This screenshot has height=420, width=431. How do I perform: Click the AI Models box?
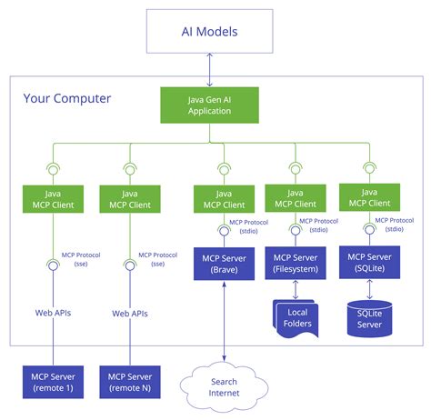(x=210, y=33)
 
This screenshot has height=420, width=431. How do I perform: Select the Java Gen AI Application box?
(x=210, y=105)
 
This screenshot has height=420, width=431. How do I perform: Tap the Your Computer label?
(x=67, y=98)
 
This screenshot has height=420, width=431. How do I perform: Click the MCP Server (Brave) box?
(x=223, y=265)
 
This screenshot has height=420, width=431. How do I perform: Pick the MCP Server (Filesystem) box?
(x=295, y=265)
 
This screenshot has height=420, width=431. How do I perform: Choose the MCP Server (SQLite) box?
(x=369, y=265)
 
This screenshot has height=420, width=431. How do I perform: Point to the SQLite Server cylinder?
(x=370, y=317)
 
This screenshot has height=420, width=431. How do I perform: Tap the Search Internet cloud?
(x=223, y=387)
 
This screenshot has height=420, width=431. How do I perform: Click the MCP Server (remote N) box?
(x=129, y=382)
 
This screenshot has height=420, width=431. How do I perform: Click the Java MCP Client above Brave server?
(x=224, y=199)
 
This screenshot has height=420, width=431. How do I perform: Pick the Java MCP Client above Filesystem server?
(x=295, y=198)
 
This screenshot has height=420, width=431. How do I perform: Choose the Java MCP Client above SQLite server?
(x=369, y=198)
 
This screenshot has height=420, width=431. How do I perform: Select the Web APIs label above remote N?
(x=130, y=313)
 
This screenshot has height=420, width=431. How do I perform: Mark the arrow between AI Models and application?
(x=210, y=69)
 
